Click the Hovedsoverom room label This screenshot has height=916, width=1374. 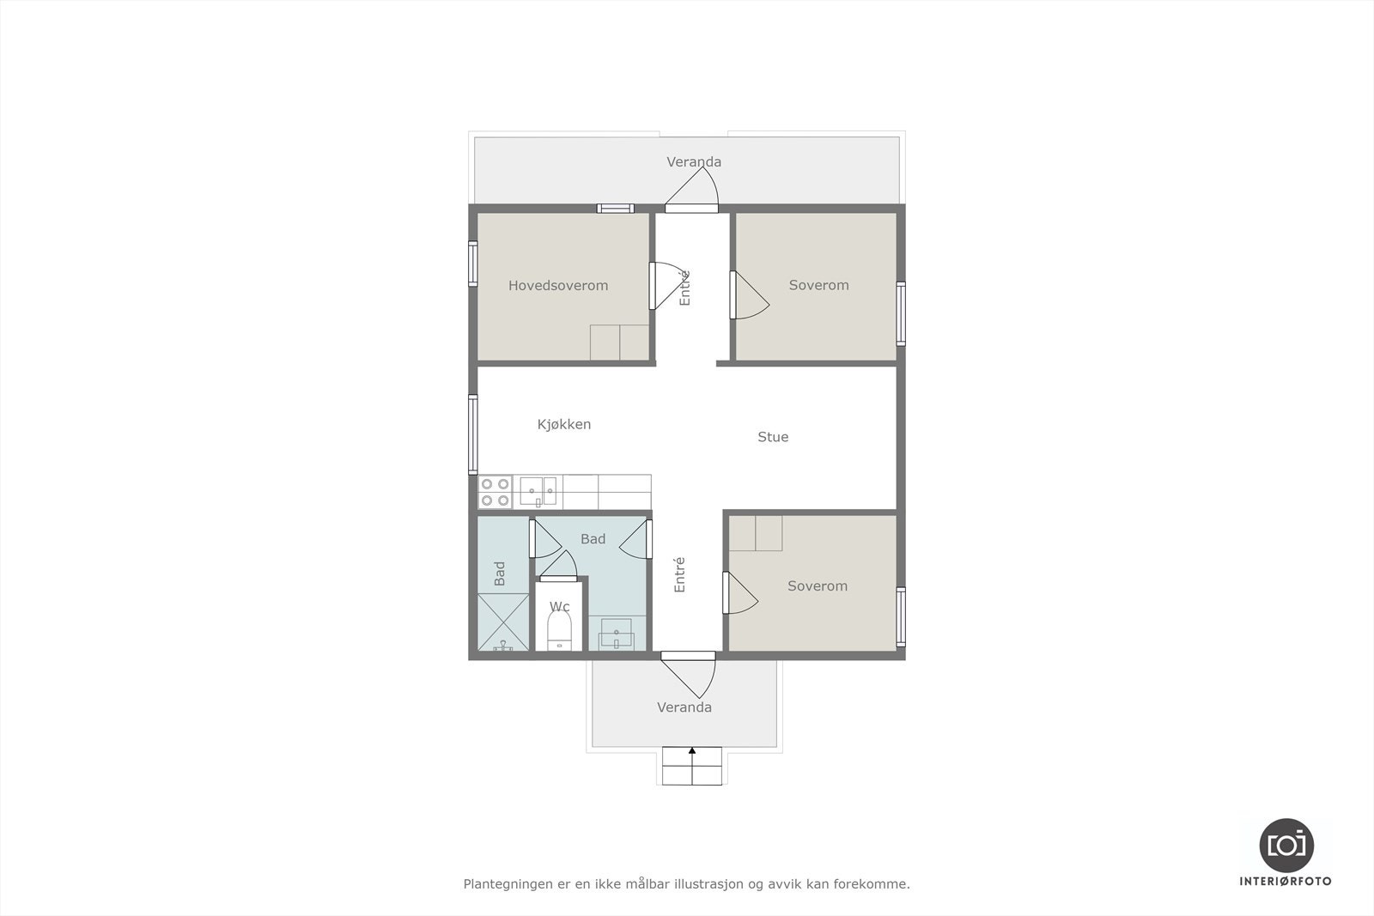click(558, 286)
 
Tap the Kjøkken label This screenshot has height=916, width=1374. click(564, 424)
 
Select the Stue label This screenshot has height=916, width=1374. click(773, 437)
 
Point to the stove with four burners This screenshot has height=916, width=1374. click(495, 492)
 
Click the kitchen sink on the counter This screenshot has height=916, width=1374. click(538, 492)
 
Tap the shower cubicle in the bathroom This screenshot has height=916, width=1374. click(503, 622)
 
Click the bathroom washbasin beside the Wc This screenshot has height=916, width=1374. click(617, 636)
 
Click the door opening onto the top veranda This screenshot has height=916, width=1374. click(692, 206)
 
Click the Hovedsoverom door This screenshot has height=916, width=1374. click(653, 286)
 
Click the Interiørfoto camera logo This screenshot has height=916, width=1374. click(1286, 845)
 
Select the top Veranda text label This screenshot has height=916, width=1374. click(694, 162)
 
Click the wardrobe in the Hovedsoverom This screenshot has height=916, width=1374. click(619, 343)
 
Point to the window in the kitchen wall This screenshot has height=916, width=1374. click(472, 434)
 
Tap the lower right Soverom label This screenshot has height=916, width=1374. click(818, 586)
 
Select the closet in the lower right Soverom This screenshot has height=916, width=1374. click(756, 533)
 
